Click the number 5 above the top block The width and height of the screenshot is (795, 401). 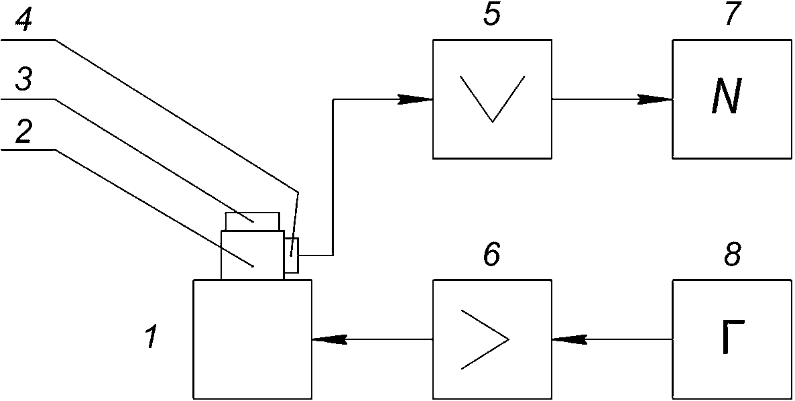(492, 14)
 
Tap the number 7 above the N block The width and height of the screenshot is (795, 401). (731, 14)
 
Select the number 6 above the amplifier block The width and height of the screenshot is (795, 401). (492, 254)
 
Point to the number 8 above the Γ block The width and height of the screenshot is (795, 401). (731, 254)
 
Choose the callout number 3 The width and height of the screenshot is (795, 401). (24, 80)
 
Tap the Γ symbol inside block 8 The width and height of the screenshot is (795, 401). (731, 336)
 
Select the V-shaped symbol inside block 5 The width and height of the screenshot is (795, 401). (492, 99)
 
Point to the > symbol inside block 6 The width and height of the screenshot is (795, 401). (485, 339)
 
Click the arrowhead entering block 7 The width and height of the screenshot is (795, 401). (655, 99)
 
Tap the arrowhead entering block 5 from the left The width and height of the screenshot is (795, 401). (415, 99)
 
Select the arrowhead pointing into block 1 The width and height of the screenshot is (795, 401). (329, 339)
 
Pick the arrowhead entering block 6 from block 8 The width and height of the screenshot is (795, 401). (569, 339)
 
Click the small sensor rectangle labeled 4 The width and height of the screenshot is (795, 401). (292, 255)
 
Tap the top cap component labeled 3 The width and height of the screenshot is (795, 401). (253, 221)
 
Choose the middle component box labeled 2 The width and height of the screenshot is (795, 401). (253, 255)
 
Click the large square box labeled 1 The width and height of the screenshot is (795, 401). (253, 339)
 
